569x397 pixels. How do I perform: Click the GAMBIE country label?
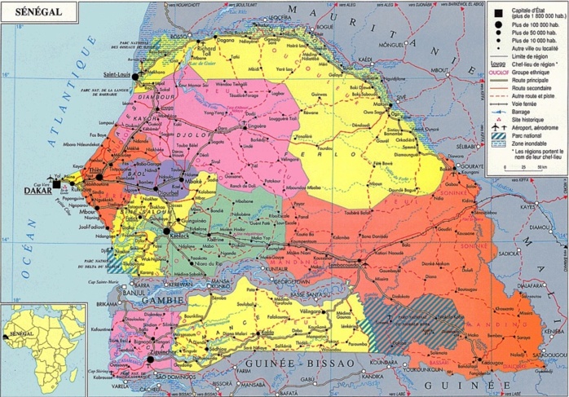(x=160, y=299)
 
